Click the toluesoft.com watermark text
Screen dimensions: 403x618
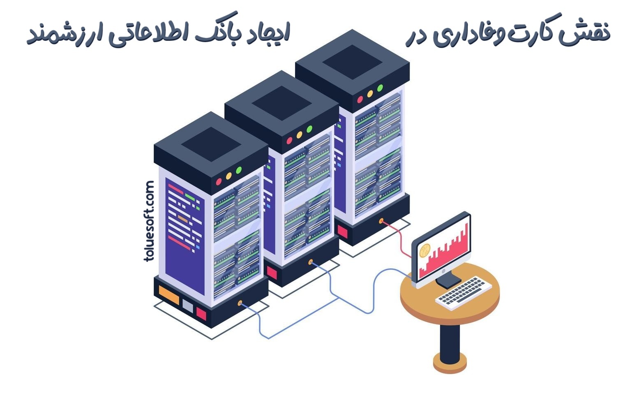tap(149, 221)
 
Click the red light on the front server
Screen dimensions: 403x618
tap(219, 181)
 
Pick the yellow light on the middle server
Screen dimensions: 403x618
tap(300, 134)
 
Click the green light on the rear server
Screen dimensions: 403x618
tap(380, 88)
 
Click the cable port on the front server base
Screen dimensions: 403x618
tap(240, 303)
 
